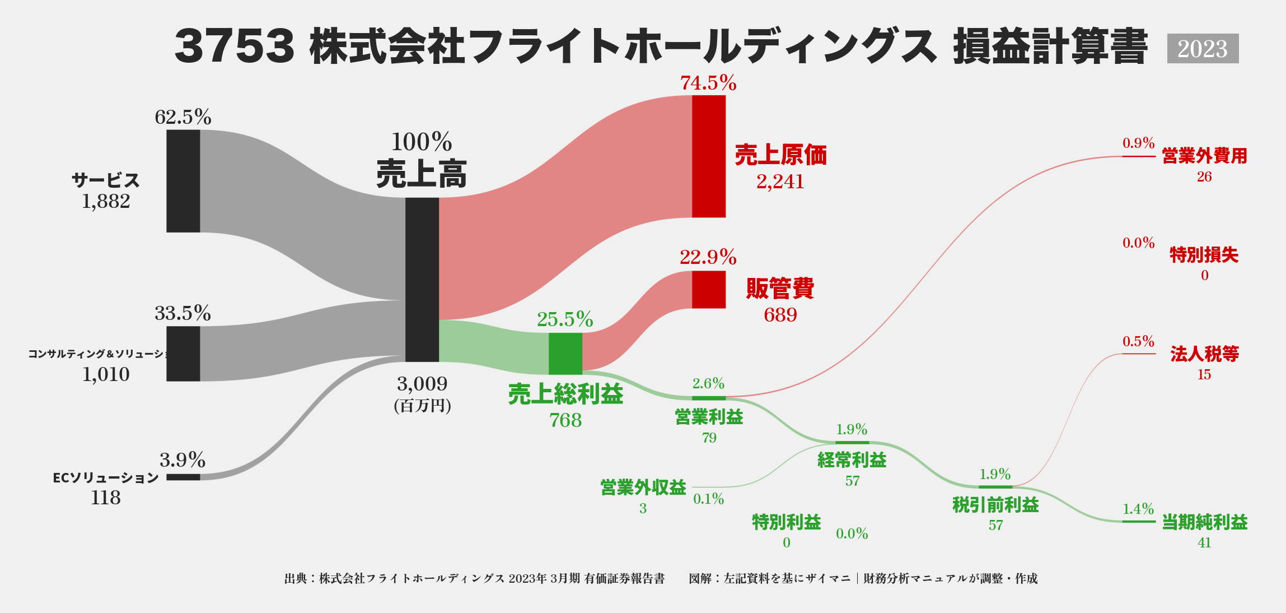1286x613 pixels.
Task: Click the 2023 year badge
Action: (x=1203, y=49)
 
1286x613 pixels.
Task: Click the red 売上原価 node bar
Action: (x=709, y=156)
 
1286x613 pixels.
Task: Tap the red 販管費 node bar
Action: (x=709, y=289)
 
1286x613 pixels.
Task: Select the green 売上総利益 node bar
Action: (x=565, y=353)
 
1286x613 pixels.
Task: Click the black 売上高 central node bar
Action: (x=422, y=279)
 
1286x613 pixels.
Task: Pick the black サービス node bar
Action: (x=183, y=181)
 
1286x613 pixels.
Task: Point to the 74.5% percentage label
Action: (x=708, y=83)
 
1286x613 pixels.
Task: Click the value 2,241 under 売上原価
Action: (x=780, y=182)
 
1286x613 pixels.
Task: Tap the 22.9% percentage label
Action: (x=708, y=257)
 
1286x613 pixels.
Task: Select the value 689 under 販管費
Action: (x=780, y=315)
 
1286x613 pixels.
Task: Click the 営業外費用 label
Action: (x=1204, y=156)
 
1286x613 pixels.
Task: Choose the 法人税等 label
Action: (x=1204, y=354)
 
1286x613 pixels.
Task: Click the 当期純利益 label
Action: (x=1204, y=522)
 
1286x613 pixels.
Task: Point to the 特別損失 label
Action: (x=1204, y=255)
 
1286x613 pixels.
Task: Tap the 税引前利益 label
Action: (x=995, y=505)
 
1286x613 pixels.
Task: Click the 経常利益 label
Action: (x=852, y=460)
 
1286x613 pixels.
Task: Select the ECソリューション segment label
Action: (x=106, y=478)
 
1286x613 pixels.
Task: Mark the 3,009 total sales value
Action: (x=422, y=384)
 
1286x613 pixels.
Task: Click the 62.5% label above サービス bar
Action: (x=183, y=117)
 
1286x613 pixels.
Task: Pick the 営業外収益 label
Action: (x=643, y=487)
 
